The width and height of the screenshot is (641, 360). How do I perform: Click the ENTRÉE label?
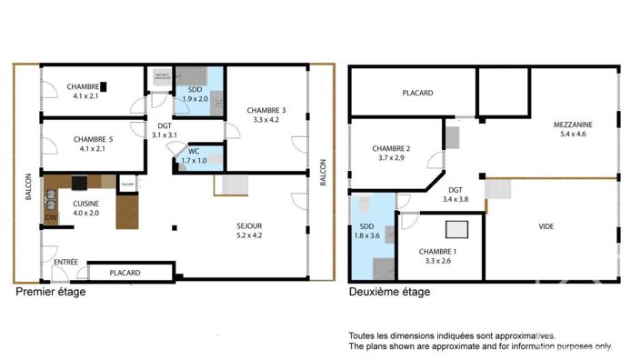65,263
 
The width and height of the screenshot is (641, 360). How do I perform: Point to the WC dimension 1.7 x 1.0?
195,161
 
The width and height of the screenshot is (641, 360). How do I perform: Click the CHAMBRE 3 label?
266,110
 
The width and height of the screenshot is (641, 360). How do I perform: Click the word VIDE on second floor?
546,226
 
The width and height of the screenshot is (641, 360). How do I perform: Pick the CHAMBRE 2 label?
392,149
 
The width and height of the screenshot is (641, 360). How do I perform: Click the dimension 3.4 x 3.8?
456,198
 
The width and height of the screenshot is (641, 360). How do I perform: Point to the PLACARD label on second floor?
417,93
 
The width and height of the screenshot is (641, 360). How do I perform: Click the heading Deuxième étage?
390,293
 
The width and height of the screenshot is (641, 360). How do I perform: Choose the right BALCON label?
323,174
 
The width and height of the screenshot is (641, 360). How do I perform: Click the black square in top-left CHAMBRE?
105,87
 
